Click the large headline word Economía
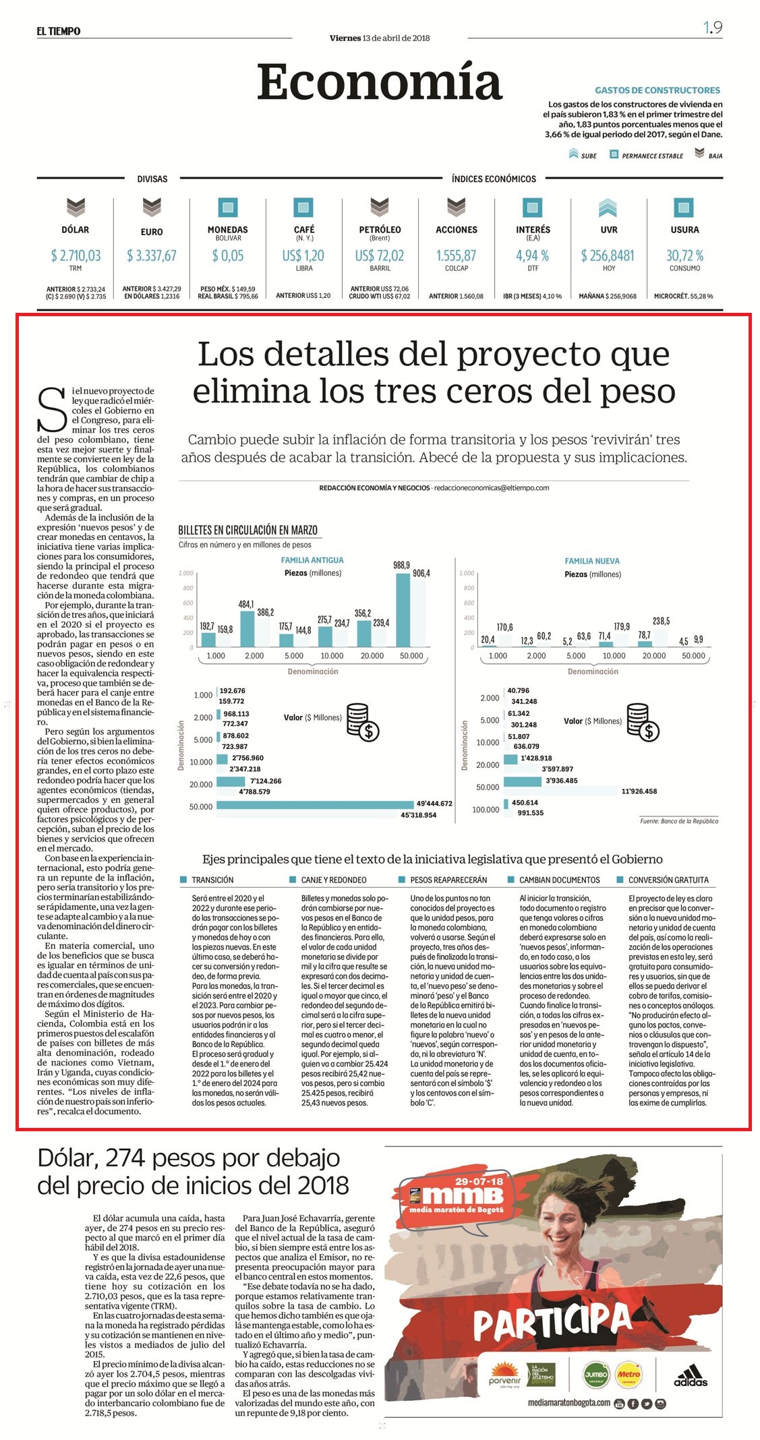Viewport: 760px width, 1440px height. point(380,83)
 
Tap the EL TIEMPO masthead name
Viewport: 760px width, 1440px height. point(59,31)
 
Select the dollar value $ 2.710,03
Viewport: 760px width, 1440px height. point(76,256)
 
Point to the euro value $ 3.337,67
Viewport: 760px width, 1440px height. point(152,256)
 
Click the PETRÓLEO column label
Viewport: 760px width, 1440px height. point(380,230)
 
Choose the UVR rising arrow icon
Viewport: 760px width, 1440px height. point(608,207)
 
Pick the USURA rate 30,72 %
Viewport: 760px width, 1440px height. point(684,256)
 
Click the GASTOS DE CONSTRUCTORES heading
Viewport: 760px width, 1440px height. point(657,90)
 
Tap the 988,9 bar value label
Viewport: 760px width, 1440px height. point(402,566)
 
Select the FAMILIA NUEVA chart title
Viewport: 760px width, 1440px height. point(592,561)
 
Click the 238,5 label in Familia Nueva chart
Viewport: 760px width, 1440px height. point(662,621)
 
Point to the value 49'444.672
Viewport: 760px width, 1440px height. point(434,804)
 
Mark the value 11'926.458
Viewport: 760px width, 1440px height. point(639,791)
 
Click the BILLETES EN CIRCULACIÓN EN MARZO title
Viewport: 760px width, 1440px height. point(247,530)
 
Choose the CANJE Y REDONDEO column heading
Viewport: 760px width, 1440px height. point(334,880)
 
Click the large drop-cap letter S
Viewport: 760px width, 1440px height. point(52,409)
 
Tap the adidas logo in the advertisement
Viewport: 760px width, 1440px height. point(691,1375)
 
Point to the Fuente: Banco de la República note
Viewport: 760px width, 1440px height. point(679,821)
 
